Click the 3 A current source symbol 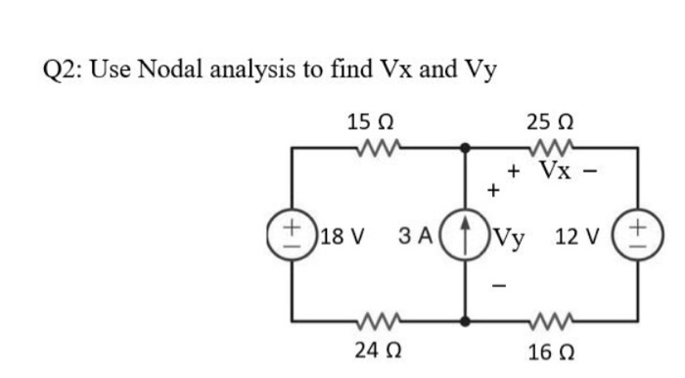466,235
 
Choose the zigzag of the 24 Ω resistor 377,320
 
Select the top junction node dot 466,148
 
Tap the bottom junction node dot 466,320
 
